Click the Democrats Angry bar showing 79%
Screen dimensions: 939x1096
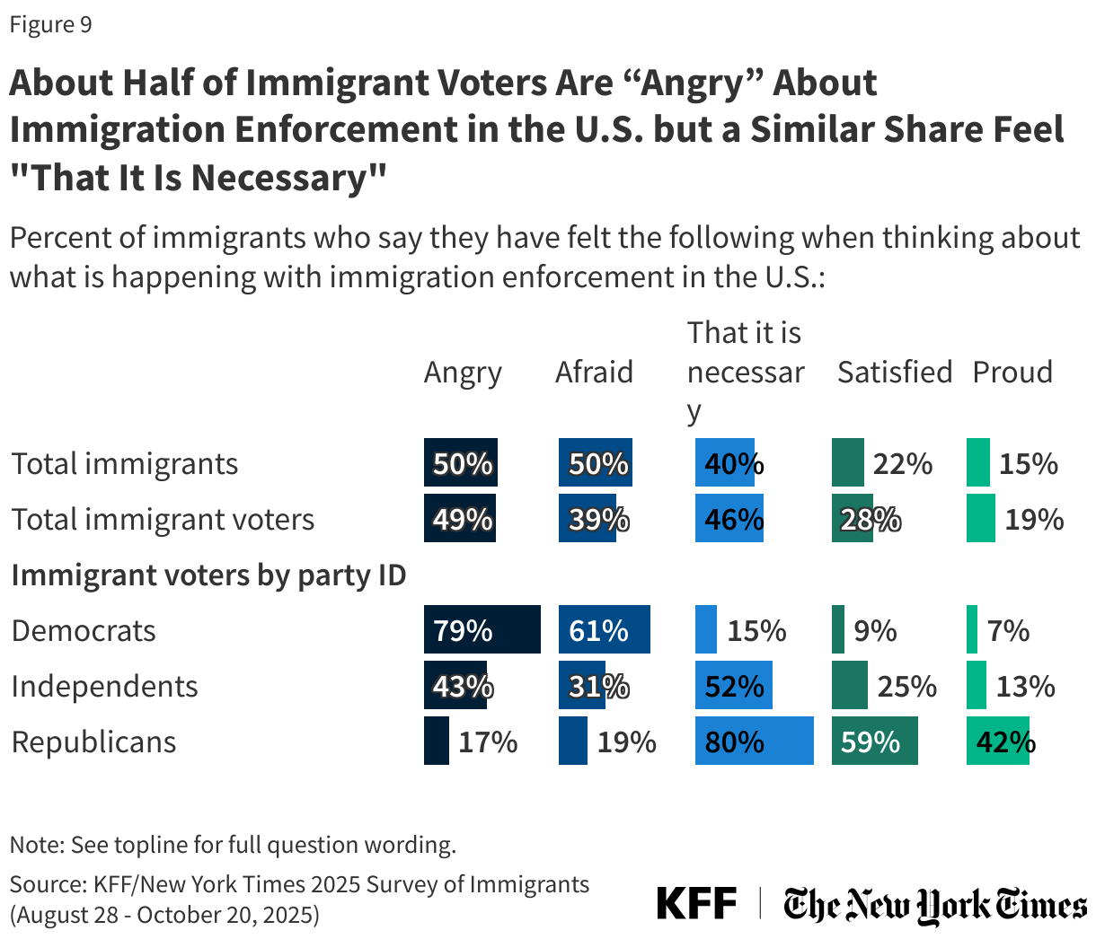[x=482, y=630]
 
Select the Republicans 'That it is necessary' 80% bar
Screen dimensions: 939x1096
[x=754, y=742]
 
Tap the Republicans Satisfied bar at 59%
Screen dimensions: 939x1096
[x=874, y=742]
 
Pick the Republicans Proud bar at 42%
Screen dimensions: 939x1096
[x=997, y=742]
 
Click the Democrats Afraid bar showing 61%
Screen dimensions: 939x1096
[x=604, y=630]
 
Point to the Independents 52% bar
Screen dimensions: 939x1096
[x=733, y=686]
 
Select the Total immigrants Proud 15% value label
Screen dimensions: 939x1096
[x=1029, y=464]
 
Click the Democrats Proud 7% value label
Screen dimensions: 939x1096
[x=1008, y=631]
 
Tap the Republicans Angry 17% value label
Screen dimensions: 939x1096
[x=488, y=742]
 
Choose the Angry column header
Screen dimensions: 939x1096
[x=463, y=372]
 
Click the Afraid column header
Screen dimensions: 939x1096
[x=594, y=372]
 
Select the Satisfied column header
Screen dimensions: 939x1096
[x=894, y=372]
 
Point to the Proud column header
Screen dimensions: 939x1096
[x=1012, y=372]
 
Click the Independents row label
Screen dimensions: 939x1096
[x=104, y=687]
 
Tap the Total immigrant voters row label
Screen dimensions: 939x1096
[x=163, y=520]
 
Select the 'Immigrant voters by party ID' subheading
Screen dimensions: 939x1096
[x=208, y=575]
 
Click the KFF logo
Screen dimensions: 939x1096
[x=696, y=903]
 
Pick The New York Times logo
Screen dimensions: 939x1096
[x=934, y=905]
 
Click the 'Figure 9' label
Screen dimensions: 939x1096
[x=50, y=24]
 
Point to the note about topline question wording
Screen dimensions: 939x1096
[x=233, y=845]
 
